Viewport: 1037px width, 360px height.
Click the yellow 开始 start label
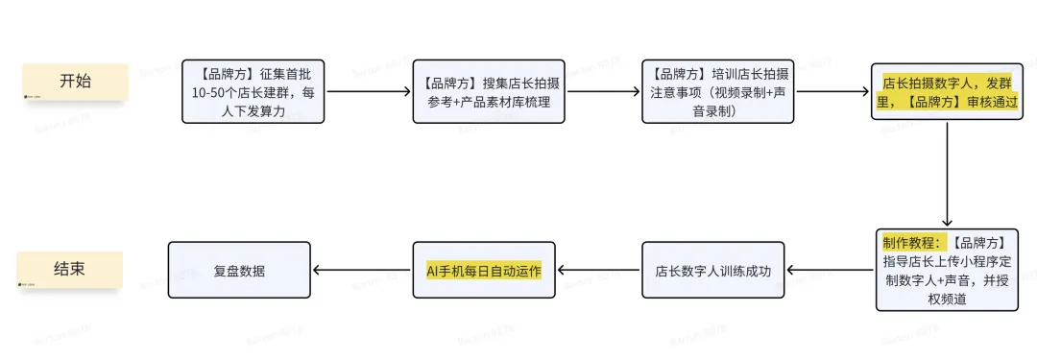pyautogui.click(x=75, y=82)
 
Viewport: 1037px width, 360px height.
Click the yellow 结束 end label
pyautogui.click(x=69, y=269)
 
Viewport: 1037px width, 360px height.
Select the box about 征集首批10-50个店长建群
pyautogui.click(x=253, y=91)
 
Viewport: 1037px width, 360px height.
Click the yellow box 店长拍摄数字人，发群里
pyautogui.click(x=947, y=91)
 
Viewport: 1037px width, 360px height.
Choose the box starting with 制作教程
pyautogui.click(x=947, y=270)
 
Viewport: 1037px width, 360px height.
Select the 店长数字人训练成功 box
pyautogui.click(x=712, y=271)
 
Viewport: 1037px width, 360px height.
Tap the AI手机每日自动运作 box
pyautogui.click(x=484, y=271)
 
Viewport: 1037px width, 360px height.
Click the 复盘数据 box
pyautogui.click(x=240, y=271)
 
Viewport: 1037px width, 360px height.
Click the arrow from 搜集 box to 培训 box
pyautogui.click(x=603, y=92)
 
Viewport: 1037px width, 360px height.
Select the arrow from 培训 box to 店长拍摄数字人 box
pyautogui.click(x=833, y=92)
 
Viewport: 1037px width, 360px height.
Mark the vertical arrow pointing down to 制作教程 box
pyautogui.click(x=948, y=173)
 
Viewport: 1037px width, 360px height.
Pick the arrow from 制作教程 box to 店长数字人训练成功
pyautogui.click(x=831, y=271)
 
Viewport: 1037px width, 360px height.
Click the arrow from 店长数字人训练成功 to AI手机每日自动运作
pyautogui.click(x=599, y=271)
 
